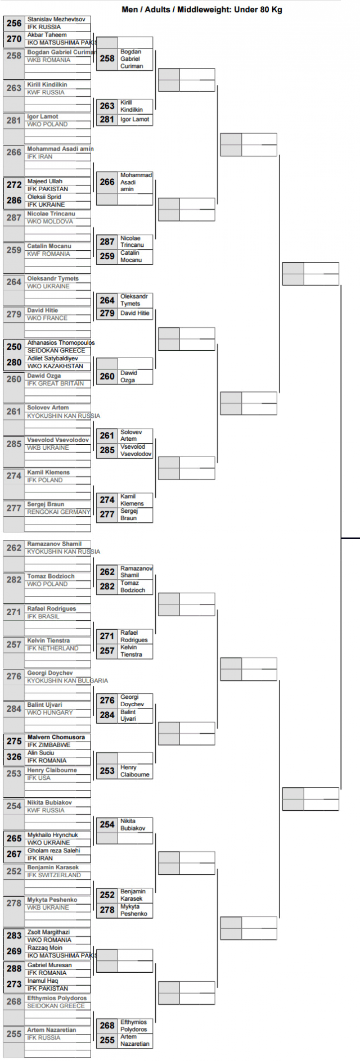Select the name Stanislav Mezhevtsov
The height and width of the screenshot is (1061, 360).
pos(56,20)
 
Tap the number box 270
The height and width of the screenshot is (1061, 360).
pos(14,39)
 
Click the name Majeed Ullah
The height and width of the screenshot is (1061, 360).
pos(45,182)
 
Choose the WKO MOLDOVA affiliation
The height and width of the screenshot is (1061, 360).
pos(50,222)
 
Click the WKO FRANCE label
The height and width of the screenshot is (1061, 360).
pos(47,318)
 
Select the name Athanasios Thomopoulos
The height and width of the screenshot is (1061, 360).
pos(61,342)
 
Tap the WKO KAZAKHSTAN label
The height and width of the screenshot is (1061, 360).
pos(55,366)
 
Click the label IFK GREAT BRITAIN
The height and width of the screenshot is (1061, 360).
pos(56,383)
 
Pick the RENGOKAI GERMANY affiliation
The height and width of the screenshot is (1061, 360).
pos(58,512)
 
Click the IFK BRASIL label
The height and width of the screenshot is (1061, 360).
pos(43,616)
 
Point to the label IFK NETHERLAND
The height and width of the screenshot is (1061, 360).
pos(53,648)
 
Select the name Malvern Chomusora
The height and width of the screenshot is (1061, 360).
pos(56,737)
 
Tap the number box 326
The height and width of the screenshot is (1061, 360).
pos(14,757)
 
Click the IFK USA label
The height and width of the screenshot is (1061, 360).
pos(39,778)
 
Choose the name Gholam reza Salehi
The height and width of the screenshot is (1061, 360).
pos(54,851)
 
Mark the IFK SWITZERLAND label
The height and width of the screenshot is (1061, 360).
pos(54,875)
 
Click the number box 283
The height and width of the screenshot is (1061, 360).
pos(14,936)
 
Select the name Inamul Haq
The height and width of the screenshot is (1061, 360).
pos(43,981)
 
